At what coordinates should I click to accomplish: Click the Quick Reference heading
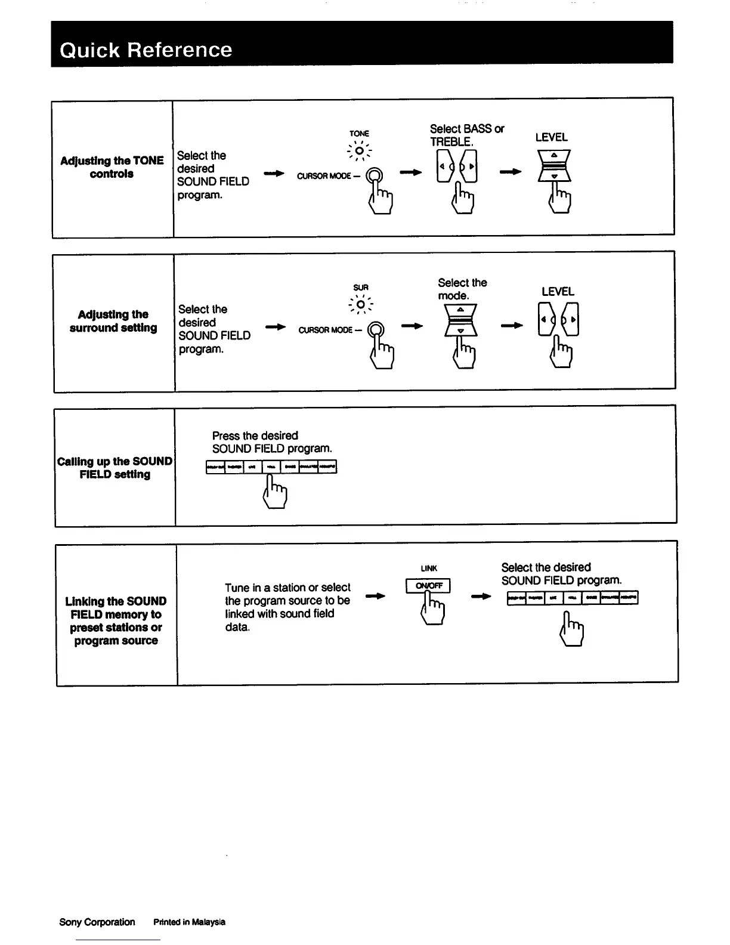(x=146, y=50)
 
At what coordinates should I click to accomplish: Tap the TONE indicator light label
(x=359, y=134)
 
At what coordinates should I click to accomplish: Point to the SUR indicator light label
(x=361, y=288)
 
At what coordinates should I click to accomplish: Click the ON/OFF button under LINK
(x=428, y=586)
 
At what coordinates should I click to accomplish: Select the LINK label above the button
(x=429, y=569)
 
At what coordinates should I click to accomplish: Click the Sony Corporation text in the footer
(x=97, y=922)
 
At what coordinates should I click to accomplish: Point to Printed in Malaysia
(x=189, y=922)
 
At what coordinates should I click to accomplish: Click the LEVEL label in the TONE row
(x=551, y=137)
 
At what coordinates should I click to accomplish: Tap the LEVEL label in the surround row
(x=558, y=292)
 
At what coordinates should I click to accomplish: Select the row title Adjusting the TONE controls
(x=112, y=167)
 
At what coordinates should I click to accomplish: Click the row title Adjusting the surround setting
(x=113, y=321)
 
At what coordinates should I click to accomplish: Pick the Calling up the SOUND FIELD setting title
(x=115, y=468)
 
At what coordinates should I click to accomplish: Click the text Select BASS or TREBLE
(x=466, y=135)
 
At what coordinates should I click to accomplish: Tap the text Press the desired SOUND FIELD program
(x=272, y=442)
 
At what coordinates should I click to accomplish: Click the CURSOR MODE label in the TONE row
(x=323, y=176)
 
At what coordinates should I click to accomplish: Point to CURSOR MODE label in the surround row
(x=325, y=330)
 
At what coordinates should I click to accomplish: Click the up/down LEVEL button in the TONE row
(x=554, y=166)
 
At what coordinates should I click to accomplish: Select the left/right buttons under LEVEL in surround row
(x=558, y=320)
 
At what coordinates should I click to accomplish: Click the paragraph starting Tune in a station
(x=287, y=607)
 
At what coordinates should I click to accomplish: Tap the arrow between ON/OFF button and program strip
(x=481, y=596)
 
